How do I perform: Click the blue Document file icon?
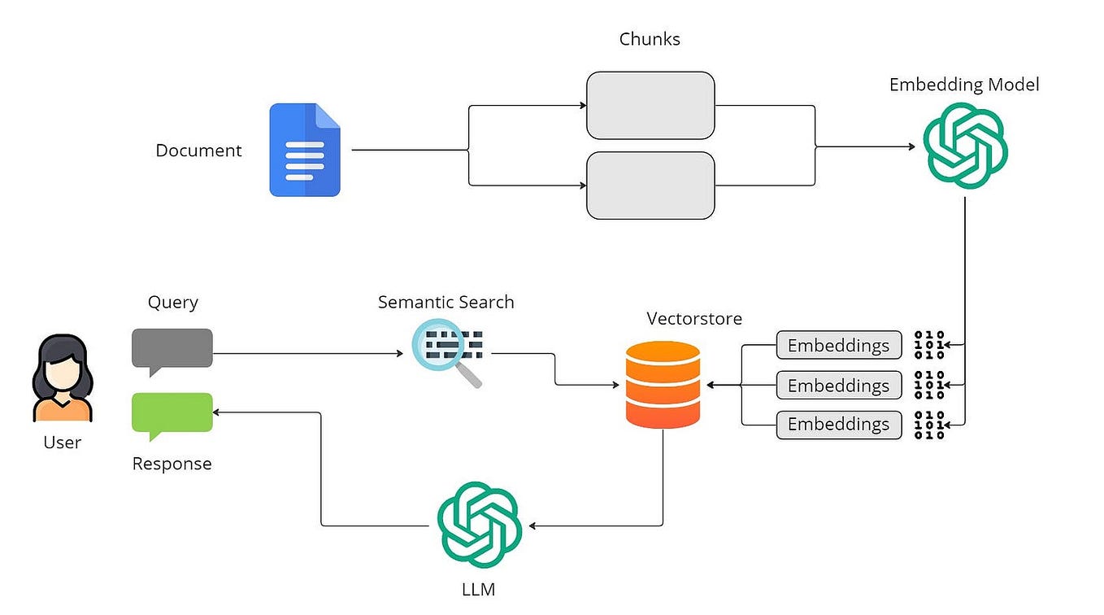pos(305,150)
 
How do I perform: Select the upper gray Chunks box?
pos(650,105)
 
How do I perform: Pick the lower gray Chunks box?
pos(650,185)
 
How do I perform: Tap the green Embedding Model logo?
pos(965,147)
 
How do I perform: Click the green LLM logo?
pos(479,525)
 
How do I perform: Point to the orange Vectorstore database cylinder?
pos(663,385)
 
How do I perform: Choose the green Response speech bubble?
pos(172,413)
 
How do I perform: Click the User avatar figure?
pos(62,379)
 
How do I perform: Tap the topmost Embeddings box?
pos(838,345)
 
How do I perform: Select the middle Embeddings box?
pos(838,385)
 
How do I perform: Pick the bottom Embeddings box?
pos(838,425)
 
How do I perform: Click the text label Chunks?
pos(650,38)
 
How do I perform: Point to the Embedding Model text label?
pos(964,85)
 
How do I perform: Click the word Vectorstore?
pos(694,318)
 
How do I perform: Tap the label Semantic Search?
pos(446,302)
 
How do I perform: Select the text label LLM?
pos(478,589)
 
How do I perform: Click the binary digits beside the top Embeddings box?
pos(930,345)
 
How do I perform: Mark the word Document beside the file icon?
pos(198,150)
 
